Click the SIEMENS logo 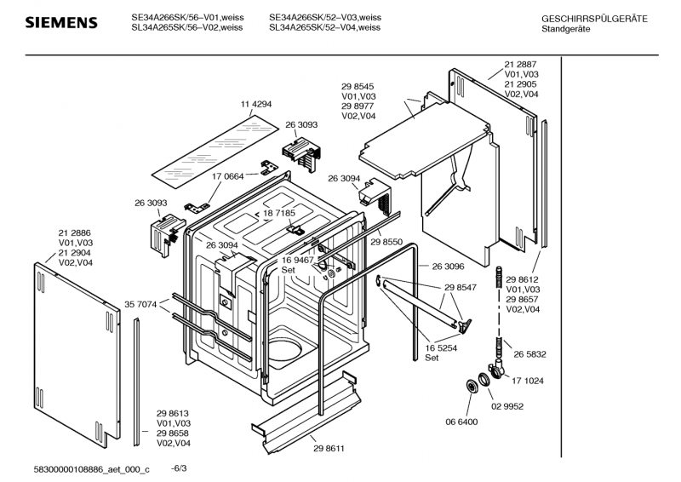pyautogui.click(x=61, y=23)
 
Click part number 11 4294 pyautogui.click(x=256, y=104)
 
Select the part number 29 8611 pyautogui.click(x=329, y=449)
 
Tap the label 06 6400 pyautogui.click(x=461, y=422)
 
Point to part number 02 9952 pyautogui.click(x=507, y=406)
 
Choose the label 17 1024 pyautogui.click(x=527, y=381)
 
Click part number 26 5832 pyautogui.click(x=529, y=354)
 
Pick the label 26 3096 pyautogui.click(x=448, y=267)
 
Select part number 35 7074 pyautogui.click(x=140, y=305)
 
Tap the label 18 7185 pyautogui.click(x=279, y=213)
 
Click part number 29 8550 pyautogui.click(x=386, y=242)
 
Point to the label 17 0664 pyautogui.click(x=227, y=176)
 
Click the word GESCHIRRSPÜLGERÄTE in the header pyautogui.click(x=594, y=19)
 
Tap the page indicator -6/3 pyautogui.click(x=179, y=468)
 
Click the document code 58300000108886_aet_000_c pyautogui.click(x=91, y=469)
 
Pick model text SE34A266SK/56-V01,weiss pyautogui.click(x=187, y=17)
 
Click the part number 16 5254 pyautogui.click(x=441, y=348)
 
